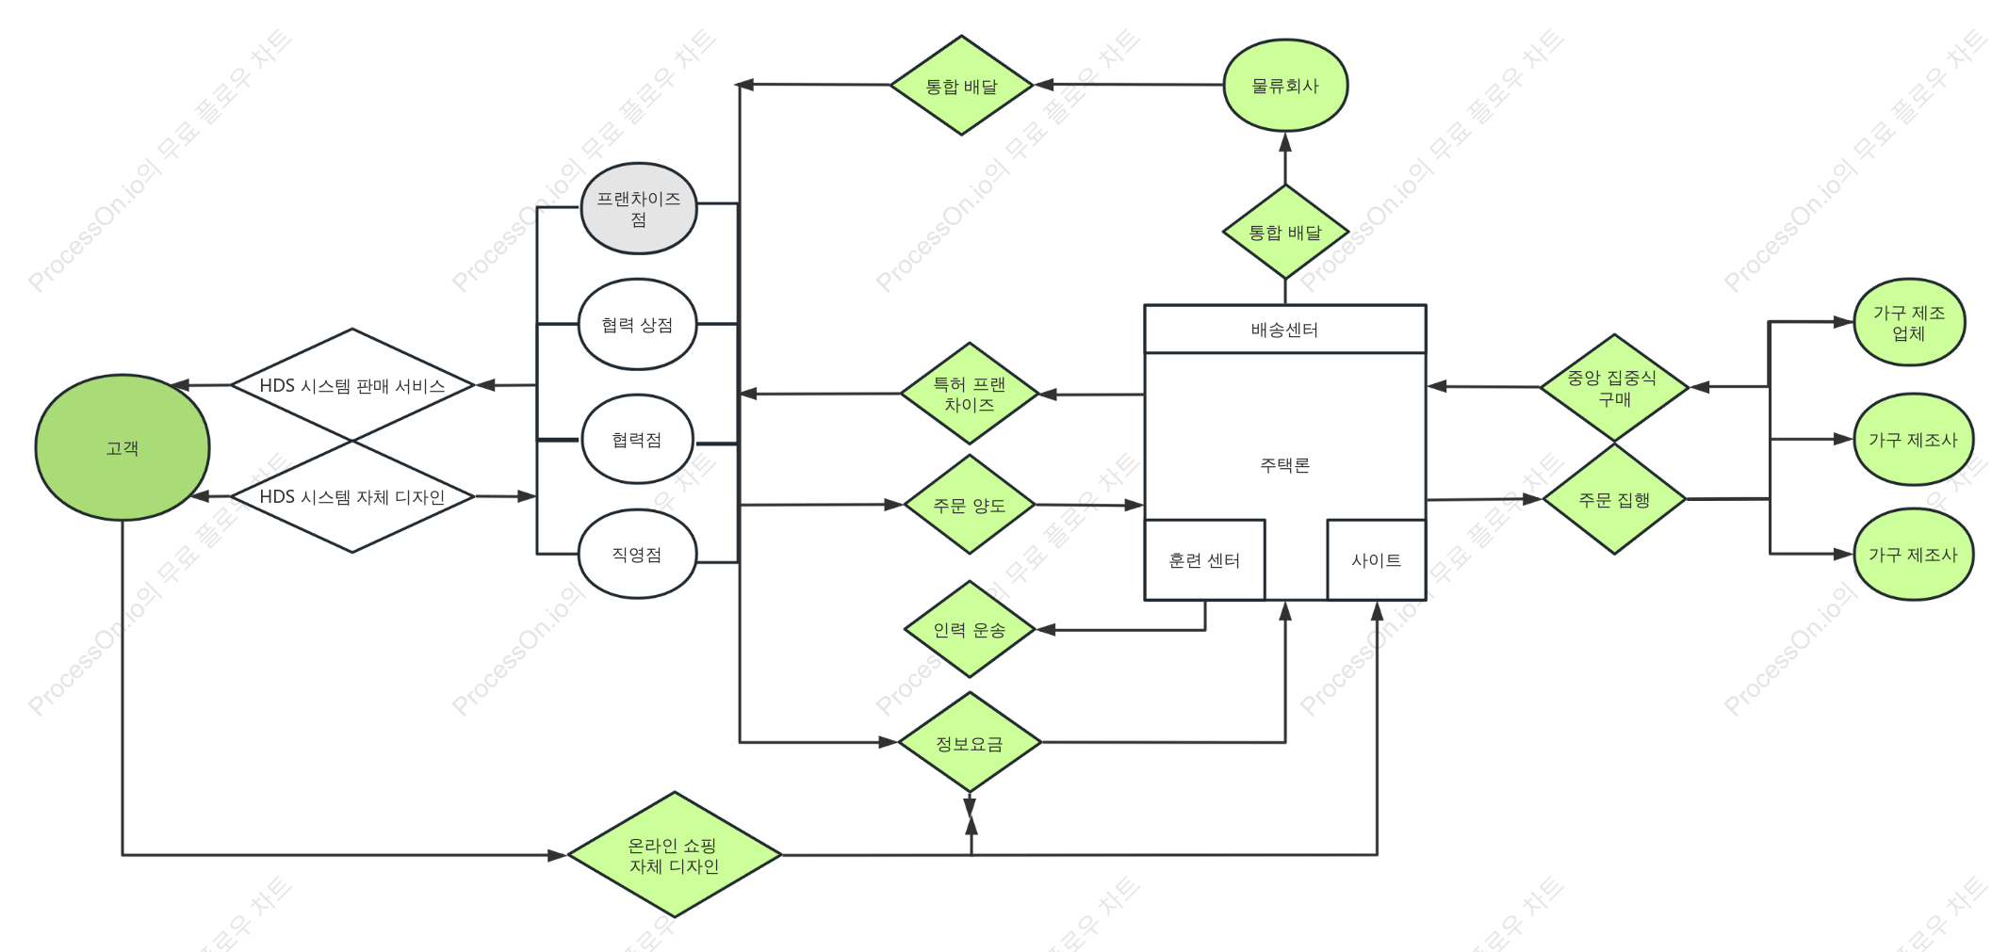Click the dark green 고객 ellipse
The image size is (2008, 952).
122,447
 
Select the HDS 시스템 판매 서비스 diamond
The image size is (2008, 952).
352,385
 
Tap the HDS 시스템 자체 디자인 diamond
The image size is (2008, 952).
352,496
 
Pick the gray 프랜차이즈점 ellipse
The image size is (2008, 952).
639,208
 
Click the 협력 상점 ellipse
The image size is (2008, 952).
638,325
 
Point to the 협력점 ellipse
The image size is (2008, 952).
637,440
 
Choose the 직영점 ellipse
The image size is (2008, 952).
637,554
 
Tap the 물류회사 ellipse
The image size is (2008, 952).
1285,86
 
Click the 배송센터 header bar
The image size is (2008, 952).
1285,330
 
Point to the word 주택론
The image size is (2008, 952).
1285,465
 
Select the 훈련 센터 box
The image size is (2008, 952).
1204,560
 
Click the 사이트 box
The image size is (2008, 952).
1377,560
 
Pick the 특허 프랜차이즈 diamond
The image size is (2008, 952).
970,394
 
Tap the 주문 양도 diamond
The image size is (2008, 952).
970,505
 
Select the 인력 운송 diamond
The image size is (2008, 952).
970,629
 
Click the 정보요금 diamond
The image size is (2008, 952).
970,743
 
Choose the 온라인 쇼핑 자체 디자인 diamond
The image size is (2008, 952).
675,855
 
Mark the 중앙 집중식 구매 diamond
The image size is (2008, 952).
1614,387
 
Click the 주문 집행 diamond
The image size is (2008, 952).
1614,499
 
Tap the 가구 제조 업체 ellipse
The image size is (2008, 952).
1909,322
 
